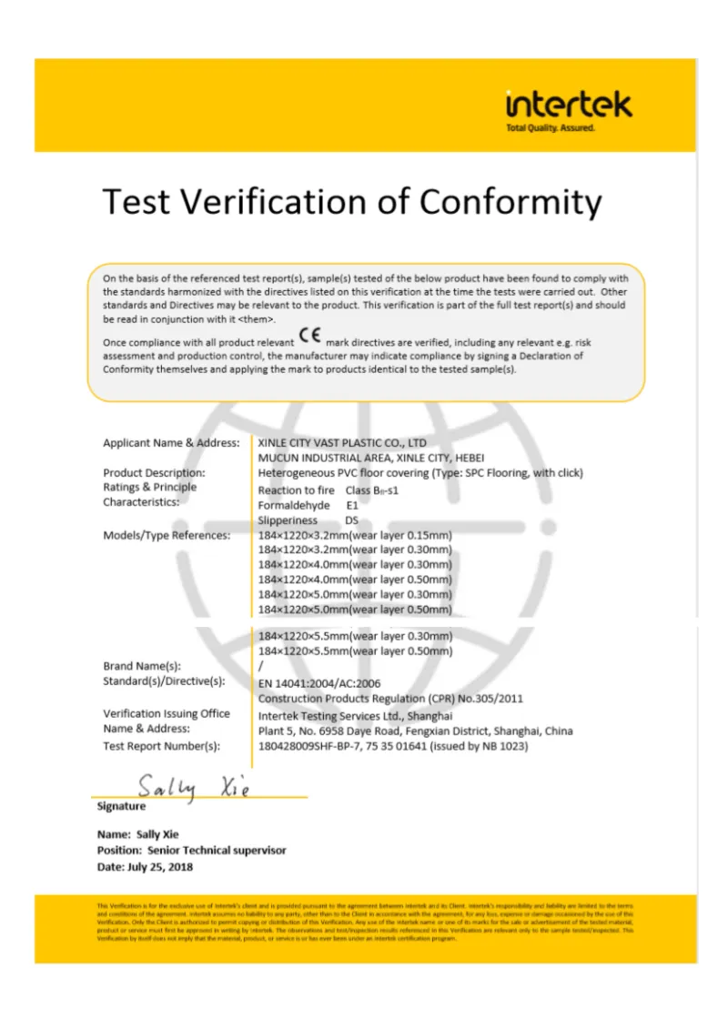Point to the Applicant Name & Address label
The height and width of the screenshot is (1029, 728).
click(171, 443)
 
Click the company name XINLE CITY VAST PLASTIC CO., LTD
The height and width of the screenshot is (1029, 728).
click(342, 443)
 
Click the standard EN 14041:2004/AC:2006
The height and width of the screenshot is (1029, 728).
click(319, 682)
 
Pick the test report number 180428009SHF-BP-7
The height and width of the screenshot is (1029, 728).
click(316, 746)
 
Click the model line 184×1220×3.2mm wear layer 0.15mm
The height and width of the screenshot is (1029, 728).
click(355, 535)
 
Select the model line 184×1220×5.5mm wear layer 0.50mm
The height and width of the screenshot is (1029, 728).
click(355, 651)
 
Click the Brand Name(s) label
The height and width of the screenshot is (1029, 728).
click(142, 666)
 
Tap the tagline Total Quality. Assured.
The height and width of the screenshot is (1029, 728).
click(550, 128)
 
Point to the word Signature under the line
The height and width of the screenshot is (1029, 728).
click(121, 806)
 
